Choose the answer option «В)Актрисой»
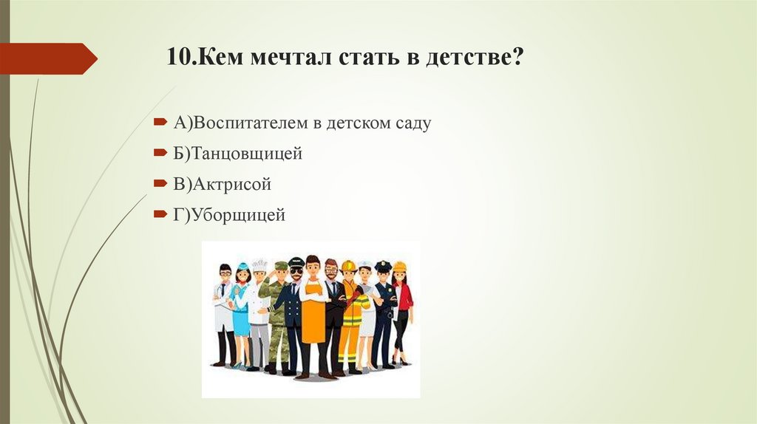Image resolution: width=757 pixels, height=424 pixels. pos(223,185)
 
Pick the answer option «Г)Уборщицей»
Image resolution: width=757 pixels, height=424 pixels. pos(229,215)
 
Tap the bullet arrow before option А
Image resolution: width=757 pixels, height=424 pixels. pos(160,123)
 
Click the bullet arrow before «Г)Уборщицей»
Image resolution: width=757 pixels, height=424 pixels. pos(160,215)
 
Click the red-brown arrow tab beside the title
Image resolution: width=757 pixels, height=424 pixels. pos(48,58)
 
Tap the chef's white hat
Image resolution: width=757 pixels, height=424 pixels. pos(259,264)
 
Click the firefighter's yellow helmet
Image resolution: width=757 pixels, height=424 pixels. pos(349,265)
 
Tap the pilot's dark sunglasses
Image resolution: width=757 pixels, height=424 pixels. pos(296,270)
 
